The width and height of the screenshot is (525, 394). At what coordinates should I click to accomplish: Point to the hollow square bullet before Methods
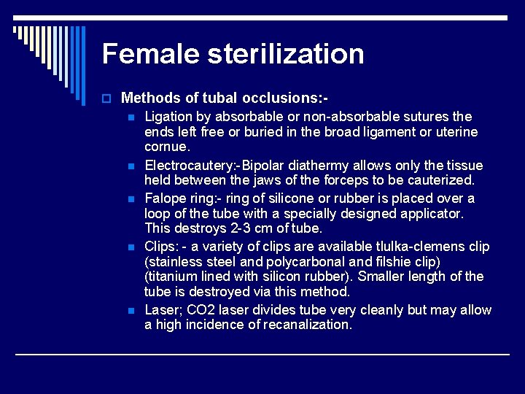point(106,98)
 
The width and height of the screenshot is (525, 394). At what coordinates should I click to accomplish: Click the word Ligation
point(168,117)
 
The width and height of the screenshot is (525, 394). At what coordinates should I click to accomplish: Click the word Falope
point(165,198)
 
